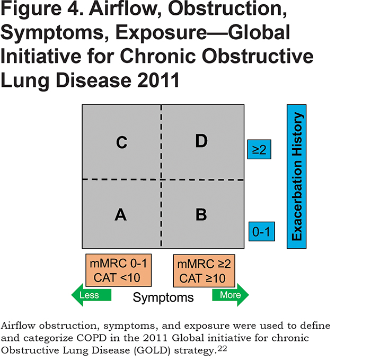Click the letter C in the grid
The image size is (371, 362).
121,142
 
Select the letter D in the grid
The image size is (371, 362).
201,141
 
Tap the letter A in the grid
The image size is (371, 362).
121,214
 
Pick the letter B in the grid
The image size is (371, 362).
201,214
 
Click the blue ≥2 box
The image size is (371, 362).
259,149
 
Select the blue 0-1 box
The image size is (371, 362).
262,231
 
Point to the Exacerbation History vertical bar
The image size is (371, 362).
297,177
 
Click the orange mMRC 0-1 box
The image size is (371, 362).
119,270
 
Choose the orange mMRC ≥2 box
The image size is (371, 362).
204,271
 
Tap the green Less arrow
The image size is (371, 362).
91,295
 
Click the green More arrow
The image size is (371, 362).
231,295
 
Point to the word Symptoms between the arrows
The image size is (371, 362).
163,297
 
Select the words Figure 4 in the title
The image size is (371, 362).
42,9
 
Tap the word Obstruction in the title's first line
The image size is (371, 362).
227,8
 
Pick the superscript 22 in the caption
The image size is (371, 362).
223,348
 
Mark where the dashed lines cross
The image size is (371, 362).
161,179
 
